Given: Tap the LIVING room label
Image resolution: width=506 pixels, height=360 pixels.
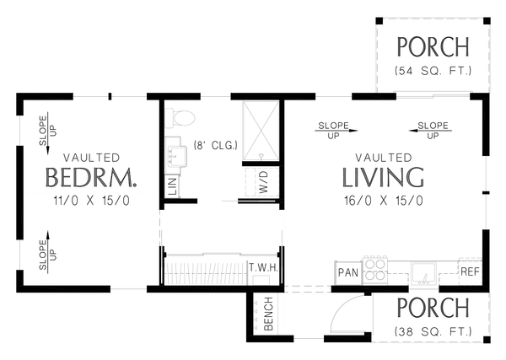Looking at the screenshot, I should pyautogui.click(x=382, y=178).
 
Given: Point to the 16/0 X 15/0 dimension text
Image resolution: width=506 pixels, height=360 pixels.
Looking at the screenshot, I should pyautogui.click(x=383, y=201).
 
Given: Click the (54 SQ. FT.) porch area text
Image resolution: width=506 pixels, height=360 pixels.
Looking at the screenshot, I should pyautogui.click(x=432, y=69).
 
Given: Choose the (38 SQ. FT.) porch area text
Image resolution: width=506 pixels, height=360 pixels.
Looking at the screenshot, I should pyautogui.click(x=432, y=330).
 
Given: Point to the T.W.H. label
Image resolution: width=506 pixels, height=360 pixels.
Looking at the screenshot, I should pyautogui.click(x=263, y=268).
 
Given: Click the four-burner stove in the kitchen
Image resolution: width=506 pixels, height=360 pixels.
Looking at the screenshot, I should pyautogui.click(x=375, y=268).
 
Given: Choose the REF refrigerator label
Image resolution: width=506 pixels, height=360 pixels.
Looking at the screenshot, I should pyautogui.click(x=470, y=271).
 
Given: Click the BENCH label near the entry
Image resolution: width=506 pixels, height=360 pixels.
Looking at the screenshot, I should pyautogui.click(x=268, y=314).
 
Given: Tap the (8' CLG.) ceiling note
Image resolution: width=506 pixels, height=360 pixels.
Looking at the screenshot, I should pyautogui.click(x=215, y=145).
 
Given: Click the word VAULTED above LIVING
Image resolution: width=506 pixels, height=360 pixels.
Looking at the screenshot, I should pyautogui.click(x=383, y=158).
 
